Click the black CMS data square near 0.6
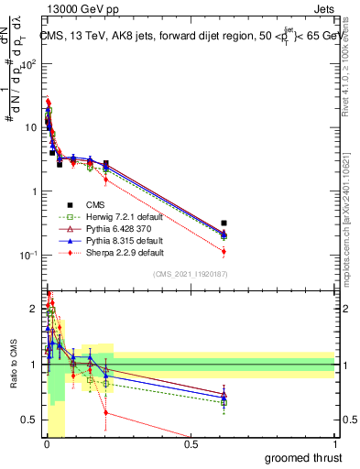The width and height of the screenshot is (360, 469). (224, 223)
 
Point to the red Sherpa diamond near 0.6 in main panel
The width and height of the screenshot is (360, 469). (224, 251)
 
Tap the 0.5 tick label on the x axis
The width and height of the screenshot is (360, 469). (191, 444)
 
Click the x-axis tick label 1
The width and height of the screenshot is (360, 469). (336, 444)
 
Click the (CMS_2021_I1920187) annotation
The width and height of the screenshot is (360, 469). (191, 275)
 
